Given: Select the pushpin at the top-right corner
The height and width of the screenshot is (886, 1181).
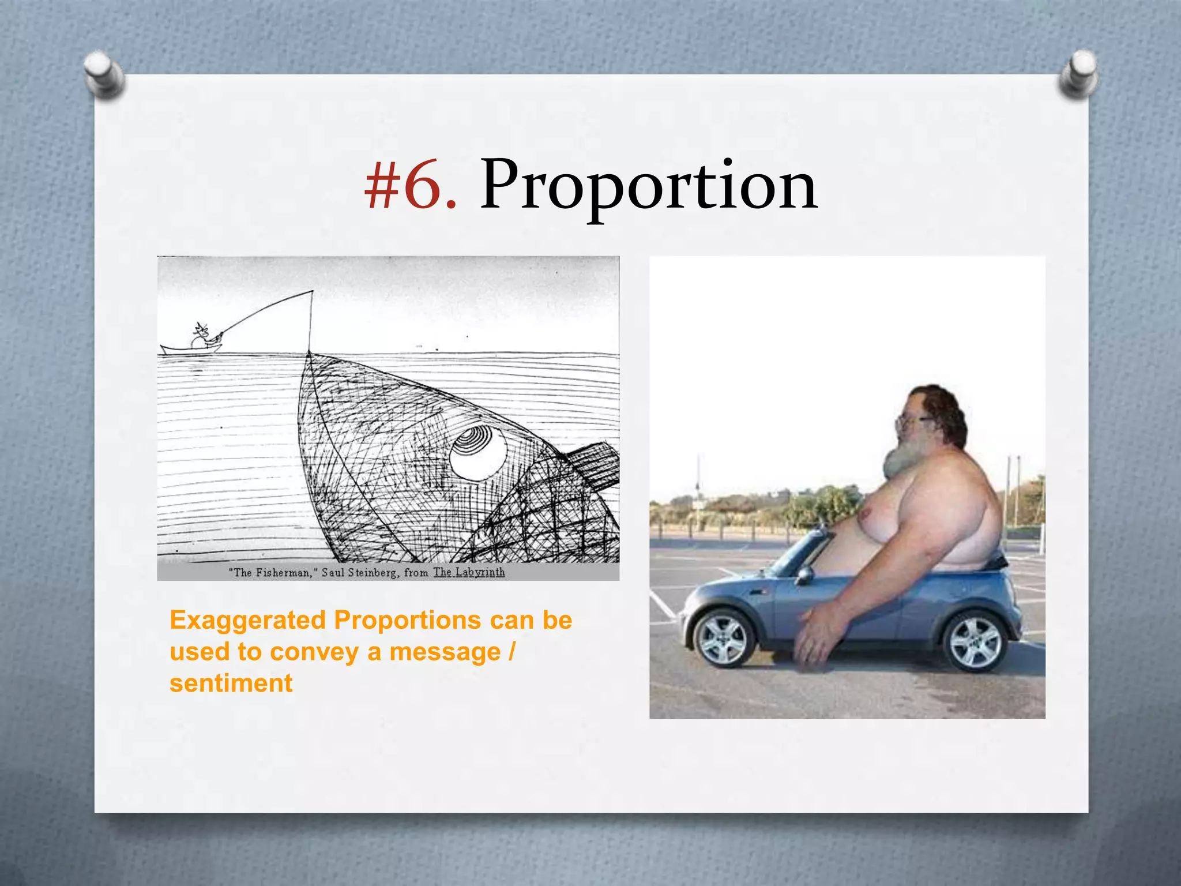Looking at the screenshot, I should click(x=1078, y=74).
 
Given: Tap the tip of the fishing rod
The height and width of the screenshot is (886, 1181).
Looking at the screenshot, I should click(x=312, y=292).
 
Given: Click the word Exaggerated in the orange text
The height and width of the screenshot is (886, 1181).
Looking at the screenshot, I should click(x=248, y=621).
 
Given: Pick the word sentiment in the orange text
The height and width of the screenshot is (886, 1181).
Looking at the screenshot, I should click(x=231, y=684).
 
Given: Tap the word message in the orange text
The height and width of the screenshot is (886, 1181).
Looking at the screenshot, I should click(x=445, y=652).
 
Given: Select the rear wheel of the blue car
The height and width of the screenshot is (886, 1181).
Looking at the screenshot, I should click(x=975, y=641).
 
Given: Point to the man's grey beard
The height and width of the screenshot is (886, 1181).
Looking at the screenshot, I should click(x=900, y=459).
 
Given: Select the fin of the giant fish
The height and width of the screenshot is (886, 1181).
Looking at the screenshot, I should click(x=594, y=467).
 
